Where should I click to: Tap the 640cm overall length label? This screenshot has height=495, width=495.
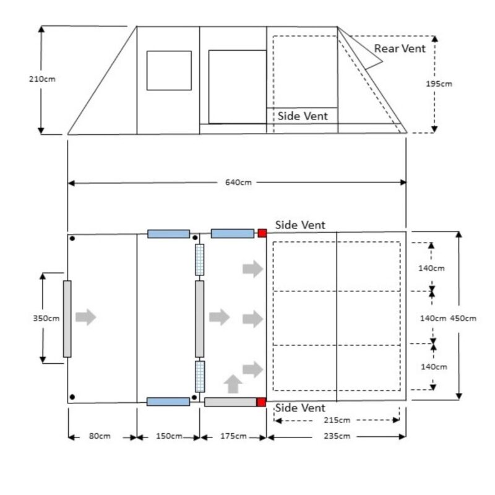tap(236, 183)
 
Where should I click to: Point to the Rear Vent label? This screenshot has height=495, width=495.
tap(400, 48)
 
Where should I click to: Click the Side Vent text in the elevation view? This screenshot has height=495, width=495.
tap(302, 116)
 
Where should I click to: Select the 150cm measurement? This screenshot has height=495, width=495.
tap(168, 436)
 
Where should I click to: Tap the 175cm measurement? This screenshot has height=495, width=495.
tap(233, 436)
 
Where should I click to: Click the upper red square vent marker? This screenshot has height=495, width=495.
tap(262, 233)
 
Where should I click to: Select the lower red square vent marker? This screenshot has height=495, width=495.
tap(261, 402)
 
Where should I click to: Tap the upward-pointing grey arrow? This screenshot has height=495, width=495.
tap(233, 384)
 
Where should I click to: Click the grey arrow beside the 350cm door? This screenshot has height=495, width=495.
tap(86, 317)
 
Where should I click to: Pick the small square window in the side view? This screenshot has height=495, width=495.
tap(169, 71)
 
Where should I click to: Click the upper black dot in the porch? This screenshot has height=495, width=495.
tap(72, 239)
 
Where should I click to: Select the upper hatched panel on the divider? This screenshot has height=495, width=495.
tap(199, 260)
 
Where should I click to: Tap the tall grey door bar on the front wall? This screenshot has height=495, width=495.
tap(67, 319)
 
